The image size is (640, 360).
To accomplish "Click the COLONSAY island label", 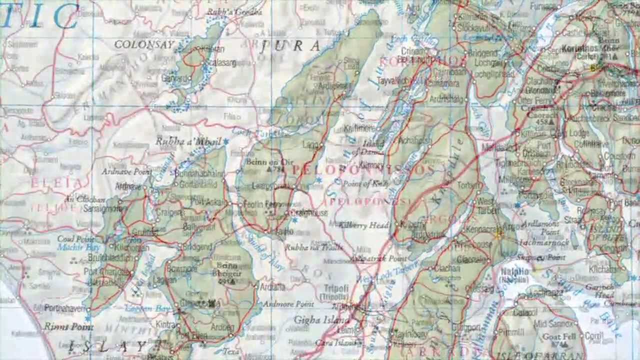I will coord(144,44).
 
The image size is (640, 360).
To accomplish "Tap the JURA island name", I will coord(290,46).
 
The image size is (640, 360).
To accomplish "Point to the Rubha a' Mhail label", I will coord(188,141).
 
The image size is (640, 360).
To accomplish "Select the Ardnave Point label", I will coord(126,171).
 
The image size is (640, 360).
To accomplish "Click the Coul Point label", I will coord(76,239).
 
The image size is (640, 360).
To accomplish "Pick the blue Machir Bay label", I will coord(78,247).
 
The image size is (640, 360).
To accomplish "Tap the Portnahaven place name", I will coord(65,308).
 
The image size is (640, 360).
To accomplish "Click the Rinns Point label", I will coord(68,327).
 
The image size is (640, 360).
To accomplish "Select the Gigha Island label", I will coord(321,320).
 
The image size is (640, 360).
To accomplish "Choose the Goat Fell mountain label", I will coord(559,336).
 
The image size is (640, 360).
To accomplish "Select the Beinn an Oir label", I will coord(269,162).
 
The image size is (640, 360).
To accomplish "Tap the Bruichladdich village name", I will coord(112,257).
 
